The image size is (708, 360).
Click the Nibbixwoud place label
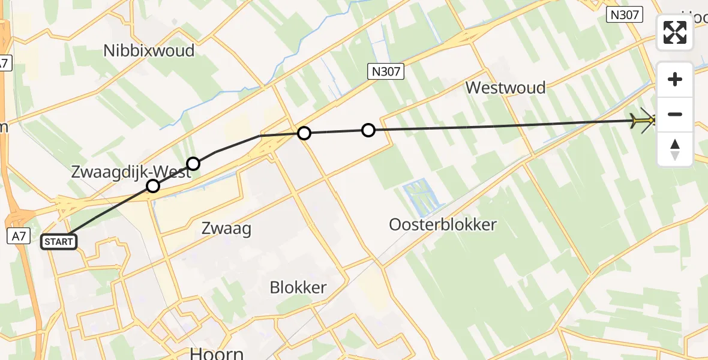149,50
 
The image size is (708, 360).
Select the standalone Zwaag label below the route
226,228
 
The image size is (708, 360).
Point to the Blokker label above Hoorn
298,287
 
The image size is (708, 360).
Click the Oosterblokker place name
443,225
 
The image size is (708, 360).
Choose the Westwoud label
506,88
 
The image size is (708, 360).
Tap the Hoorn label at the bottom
217,353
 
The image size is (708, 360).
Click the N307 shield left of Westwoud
386,73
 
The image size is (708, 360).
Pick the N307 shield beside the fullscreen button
625,15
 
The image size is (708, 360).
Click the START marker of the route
59,242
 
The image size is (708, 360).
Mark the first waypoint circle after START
153,186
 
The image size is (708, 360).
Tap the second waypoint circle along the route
193,163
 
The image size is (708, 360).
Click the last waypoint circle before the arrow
368,130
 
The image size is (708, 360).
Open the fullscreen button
675,32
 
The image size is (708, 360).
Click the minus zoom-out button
675,114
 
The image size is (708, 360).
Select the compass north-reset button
675,149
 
